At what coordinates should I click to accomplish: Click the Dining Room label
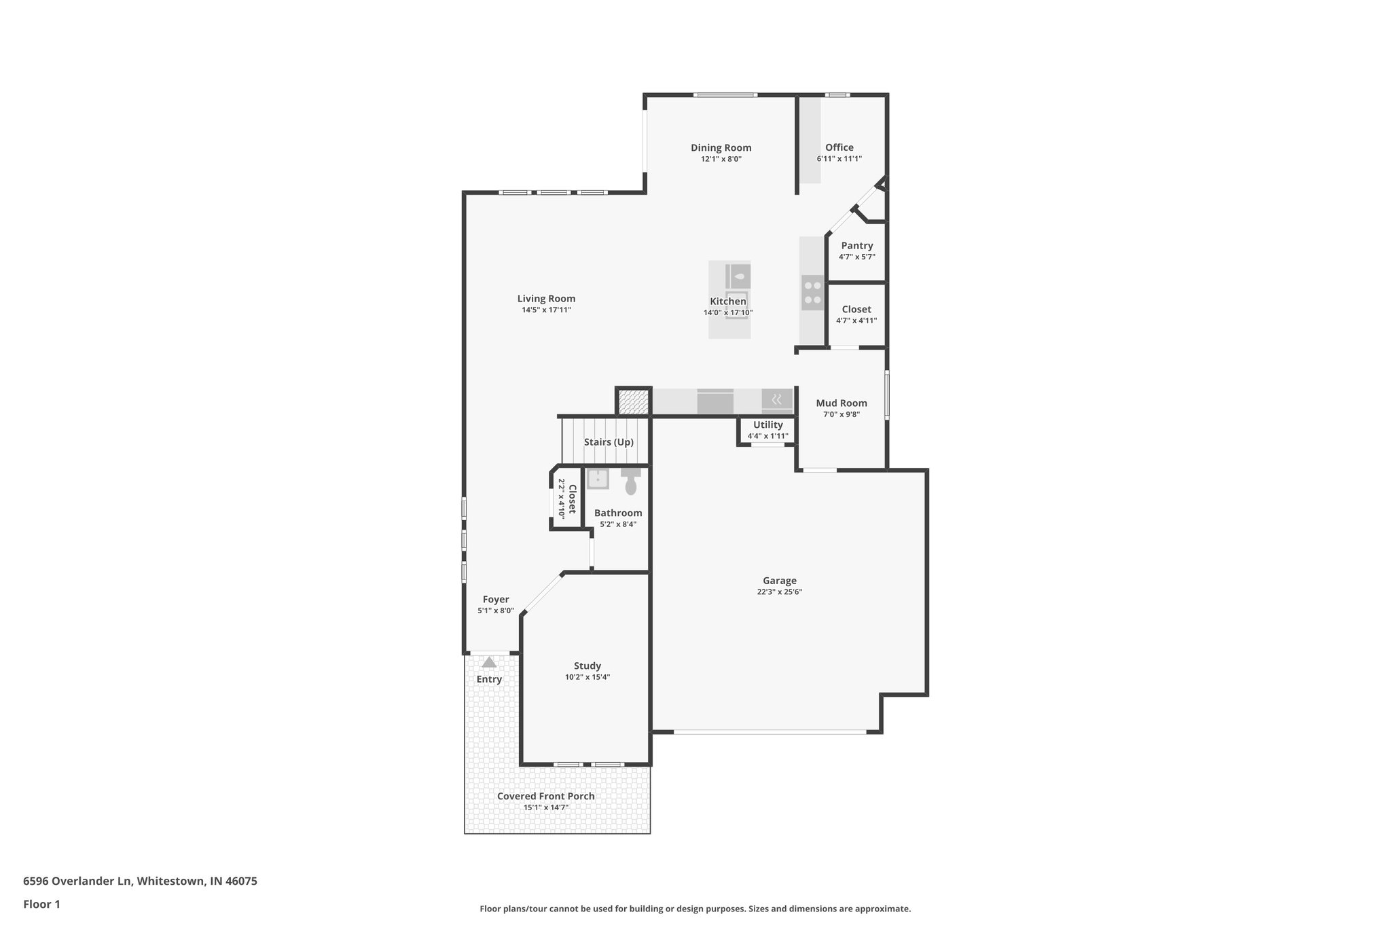coord(721,147)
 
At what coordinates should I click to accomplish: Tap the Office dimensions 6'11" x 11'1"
coord(839,159)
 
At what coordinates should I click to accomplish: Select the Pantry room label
coord(856,246)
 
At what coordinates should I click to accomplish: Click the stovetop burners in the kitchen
coord(812,293)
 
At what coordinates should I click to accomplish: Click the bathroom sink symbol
coord(598,479)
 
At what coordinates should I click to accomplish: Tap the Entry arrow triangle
coord(489,662)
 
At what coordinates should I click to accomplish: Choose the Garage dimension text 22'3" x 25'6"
coord(779,592)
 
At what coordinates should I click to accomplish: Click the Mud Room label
coord(841,403)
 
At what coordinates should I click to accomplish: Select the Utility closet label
coord(767,425)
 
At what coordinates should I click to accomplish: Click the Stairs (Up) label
coord(609,442)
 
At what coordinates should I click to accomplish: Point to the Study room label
coord(587,666)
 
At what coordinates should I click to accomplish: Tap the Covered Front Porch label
coord(545,796)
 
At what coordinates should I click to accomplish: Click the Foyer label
coord(496,599)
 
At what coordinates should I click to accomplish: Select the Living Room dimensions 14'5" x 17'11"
coord(546,310)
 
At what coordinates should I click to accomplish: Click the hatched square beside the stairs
coord(633,401)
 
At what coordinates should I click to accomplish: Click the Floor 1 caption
coord(41,904)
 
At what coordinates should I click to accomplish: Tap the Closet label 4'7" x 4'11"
coord(856,310)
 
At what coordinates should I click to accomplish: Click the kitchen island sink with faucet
coord(738,276)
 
